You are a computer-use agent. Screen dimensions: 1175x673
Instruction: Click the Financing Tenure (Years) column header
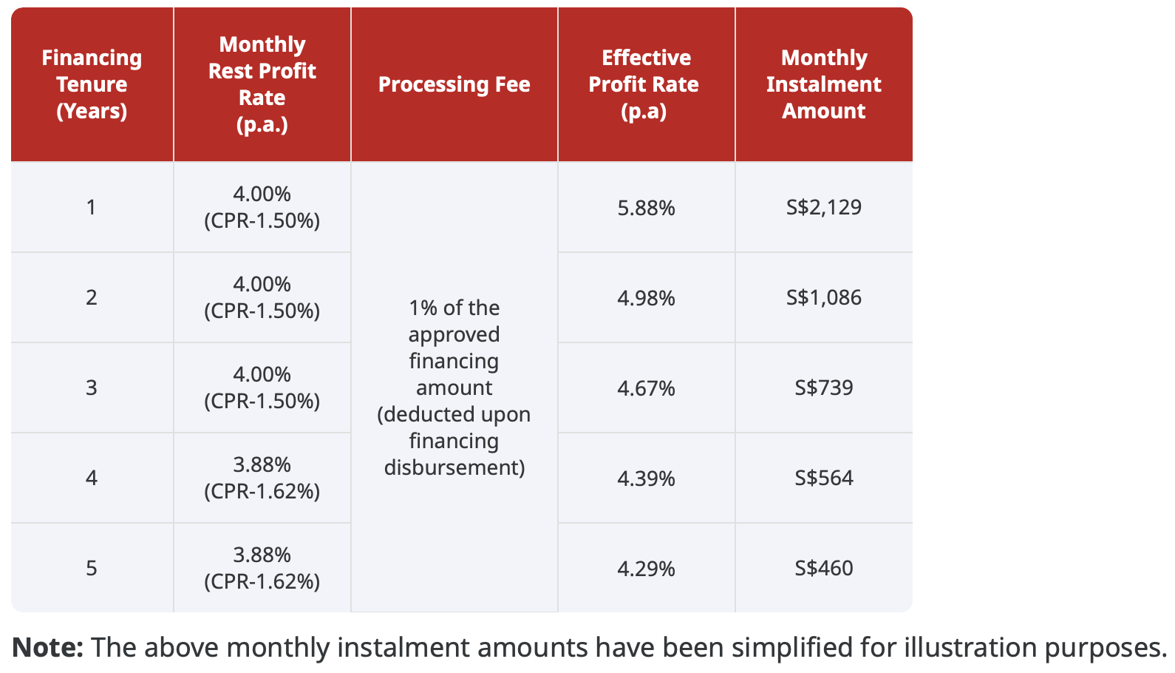click(x=92, y=84)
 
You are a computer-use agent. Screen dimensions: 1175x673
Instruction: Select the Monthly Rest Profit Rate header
click(x=262, y=84)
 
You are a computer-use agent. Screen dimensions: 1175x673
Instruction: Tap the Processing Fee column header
click(x=454, y=84)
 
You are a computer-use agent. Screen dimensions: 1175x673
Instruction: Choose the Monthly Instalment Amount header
click(x=824, y=84)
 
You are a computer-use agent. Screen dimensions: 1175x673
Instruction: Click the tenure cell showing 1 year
click(x=92, y=207)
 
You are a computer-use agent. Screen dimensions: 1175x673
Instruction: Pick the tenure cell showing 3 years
click(x=92, y=388)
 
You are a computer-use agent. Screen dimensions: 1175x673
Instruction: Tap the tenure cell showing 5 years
click(x=92, y=568)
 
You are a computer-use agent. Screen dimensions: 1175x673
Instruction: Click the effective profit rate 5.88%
click(x=646, y=209)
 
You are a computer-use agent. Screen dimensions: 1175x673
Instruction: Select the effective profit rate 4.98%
click(x=646, y=299)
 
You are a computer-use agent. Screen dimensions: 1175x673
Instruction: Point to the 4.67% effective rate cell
click(x=646, y=389)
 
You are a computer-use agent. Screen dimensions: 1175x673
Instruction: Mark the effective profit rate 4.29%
click(x=646, y=569)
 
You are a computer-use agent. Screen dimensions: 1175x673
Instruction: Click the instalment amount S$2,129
click(x=824, y=207)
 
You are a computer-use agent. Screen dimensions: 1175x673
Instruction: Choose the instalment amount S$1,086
click(x=824, y=297)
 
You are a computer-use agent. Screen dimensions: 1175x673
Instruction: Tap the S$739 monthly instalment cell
click(x=824, y=388)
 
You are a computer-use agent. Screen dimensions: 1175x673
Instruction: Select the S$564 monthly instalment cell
click(x=824, y=478)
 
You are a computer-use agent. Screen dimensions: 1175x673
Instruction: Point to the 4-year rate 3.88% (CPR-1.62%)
click(x=262, y=478)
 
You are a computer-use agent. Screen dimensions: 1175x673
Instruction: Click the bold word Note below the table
click(x=47, y=647)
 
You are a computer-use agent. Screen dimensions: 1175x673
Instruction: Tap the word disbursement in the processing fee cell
click(x=454, y=467)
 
